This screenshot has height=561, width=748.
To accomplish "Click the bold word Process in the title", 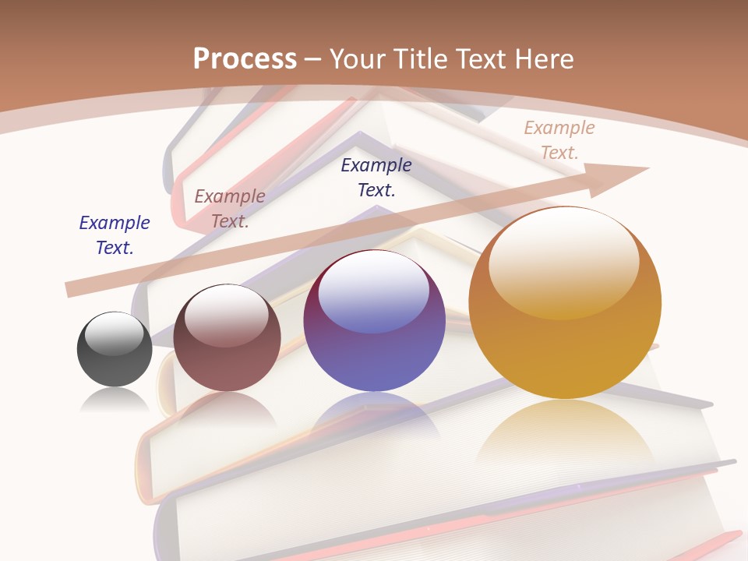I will coord(245,58).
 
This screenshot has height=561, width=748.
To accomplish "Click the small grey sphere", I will coord(115,350).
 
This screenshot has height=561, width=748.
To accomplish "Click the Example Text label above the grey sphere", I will coord(115,235).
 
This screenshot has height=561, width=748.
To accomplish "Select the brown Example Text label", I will coord(230,208).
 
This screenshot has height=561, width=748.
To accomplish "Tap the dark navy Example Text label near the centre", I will coord(376,177).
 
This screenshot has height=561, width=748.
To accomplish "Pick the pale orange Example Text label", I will coord(559,139).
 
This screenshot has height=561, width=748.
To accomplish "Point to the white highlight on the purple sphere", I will coord(374,288).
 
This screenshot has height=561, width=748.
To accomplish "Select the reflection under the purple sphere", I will coord(374,413).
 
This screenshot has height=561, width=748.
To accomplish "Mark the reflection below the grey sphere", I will coord(115,399).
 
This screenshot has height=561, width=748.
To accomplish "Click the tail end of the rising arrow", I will coord(72,289).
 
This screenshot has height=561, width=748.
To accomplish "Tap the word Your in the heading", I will coord(357,58).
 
